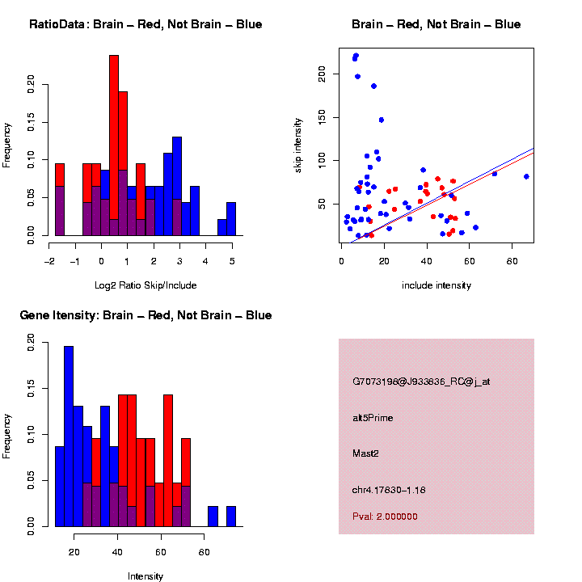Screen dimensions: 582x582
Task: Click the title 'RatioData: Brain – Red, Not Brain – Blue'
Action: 145,24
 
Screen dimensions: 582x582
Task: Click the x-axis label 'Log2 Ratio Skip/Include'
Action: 145,285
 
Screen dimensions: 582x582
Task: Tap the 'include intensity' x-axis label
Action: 436,285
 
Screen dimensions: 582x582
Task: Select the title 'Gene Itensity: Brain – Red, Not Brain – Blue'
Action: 145,315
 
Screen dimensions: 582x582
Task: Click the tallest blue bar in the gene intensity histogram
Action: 69,436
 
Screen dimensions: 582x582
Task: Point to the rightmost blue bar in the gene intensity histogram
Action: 231,517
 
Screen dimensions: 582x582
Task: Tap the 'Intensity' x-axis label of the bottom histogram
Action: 145,576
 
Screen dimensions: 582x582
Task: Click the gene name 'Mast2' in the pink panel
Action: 365,453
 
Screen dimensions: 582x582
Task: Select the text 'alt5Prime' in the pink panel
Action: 373,418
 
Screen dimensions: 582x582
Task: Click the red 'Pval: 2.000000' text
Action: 385,516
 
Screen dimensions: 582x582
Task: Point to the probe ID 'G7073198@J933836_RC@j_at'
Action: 421,382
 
